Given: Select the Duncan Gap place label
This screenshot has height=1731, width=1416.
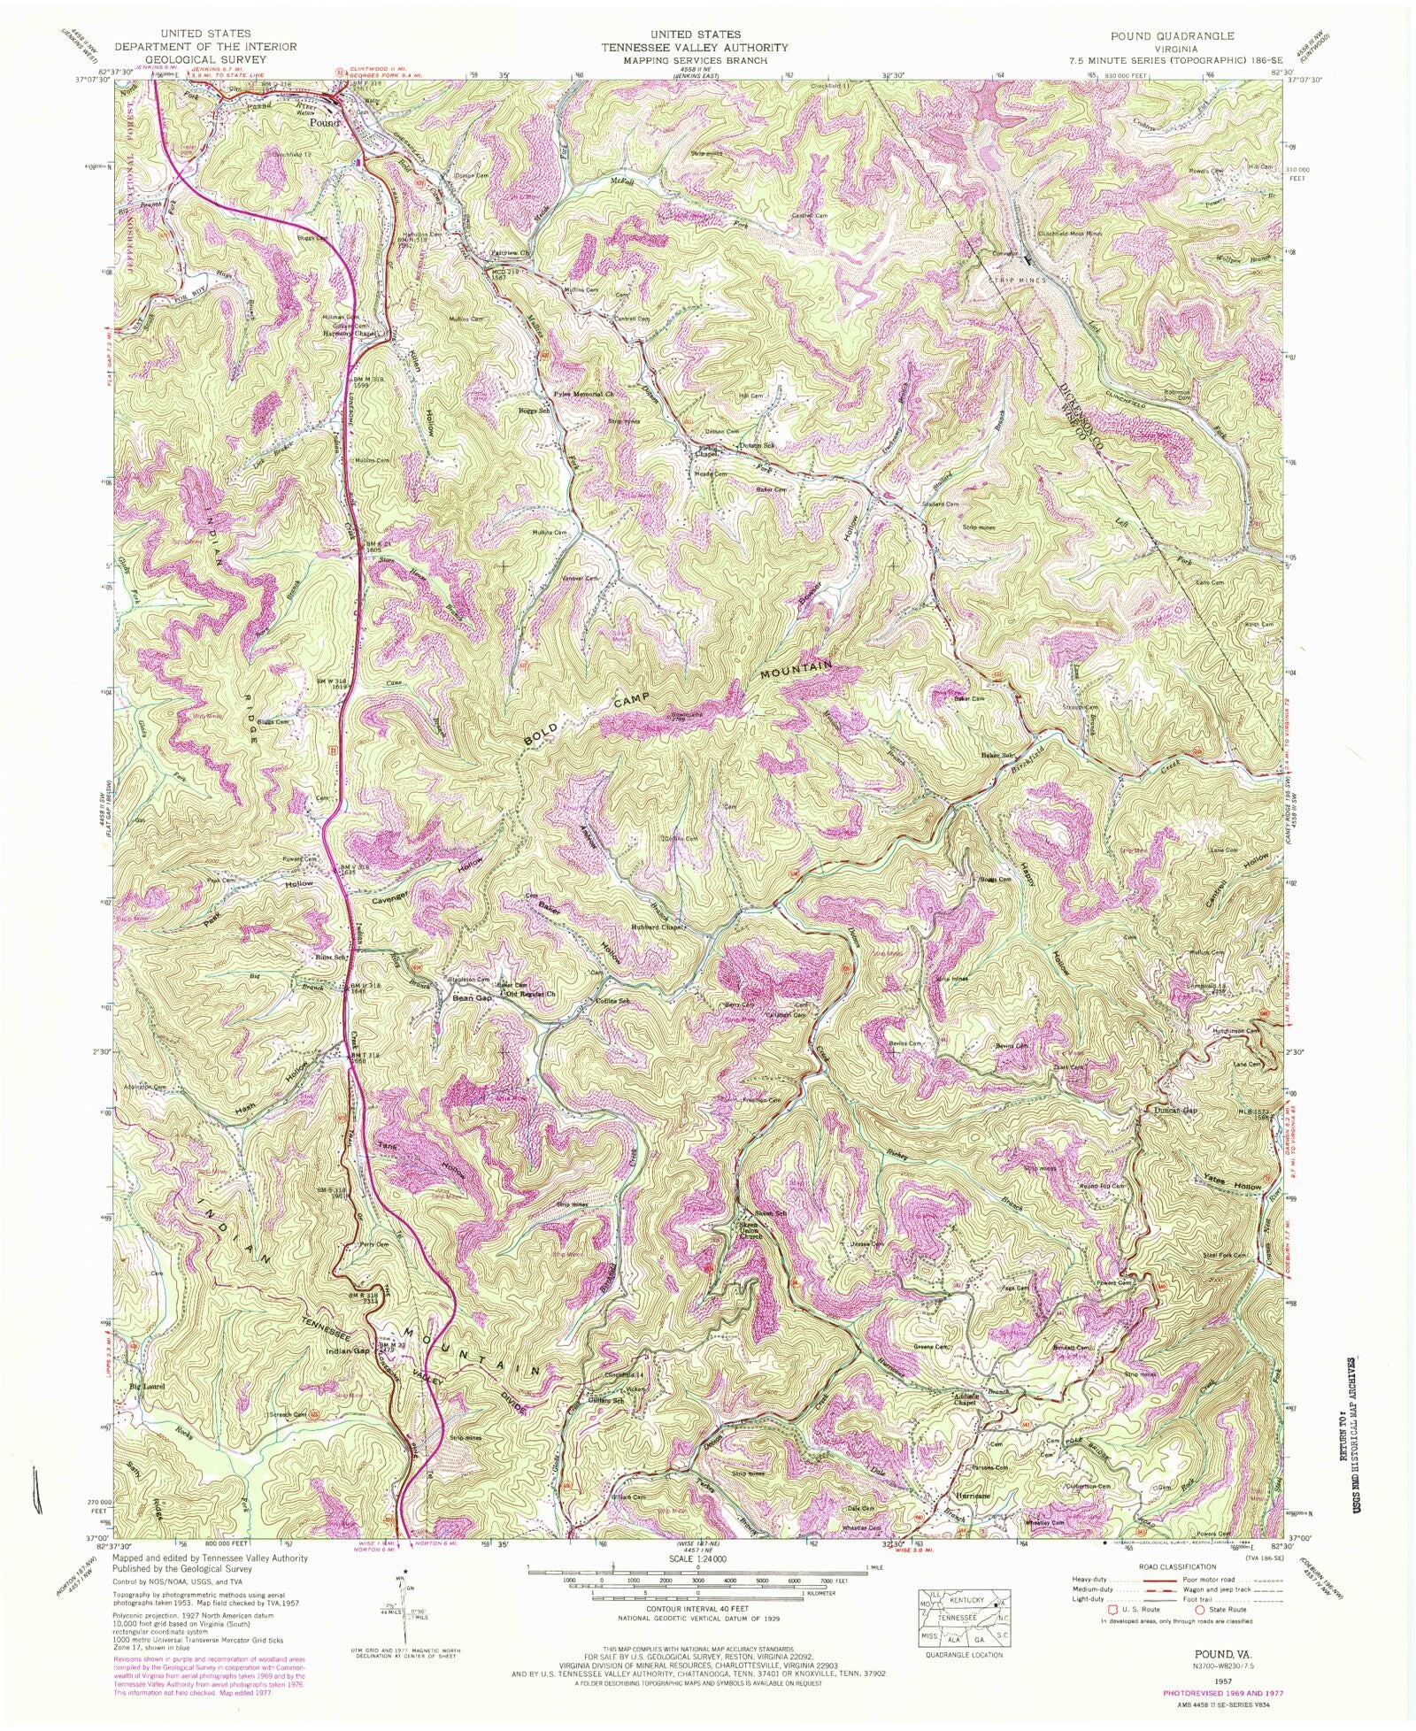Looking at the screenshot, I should pos(1176,1110).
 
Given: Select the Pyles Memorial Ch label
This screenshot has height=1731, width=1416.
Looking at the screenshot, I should pos(584,394).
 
